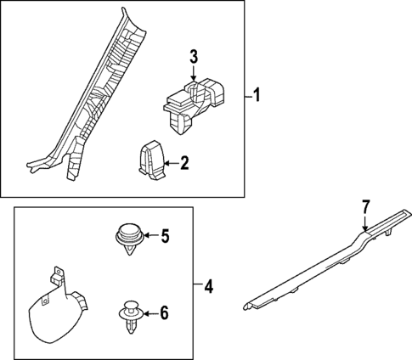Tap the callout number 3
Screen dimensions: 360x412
click(193, 58)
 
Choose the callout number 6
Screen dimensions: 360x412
click(164, 313)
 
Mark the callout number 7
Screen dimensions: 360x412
click(366, 205)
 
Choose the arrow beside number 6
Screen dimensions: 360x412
click(149, 313)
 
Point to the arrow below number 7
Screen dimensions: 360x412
click(365, 225)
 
